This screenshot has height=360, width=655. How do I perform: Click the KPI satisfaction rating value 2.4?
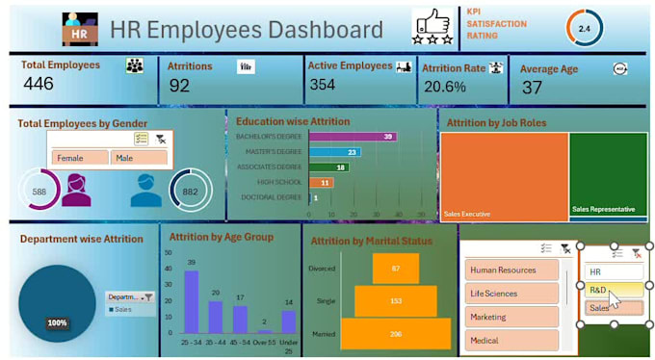click(x=584, y=29)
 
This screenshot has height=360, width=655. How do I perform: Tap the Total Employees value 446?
click(x=39, y=84)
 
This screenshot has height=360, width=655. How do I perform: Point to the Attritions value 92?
click(x=179, y=86)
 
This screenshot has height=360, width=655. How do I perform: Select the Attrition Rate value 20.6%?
click(x=444, y=87)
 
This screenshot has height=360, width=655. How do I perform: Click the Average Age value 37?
click(x=532, y=88)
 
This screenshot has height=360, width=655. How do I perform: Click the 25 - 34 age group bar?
click(x=191, y=301)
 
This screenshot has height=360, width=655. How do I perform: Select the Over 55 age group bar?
click(x=263, y=330)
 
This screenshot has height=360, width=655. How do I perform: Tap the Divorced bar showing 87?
click(x=396, y=268)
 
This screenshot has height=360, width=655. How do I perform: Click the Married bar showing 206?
click(x=396, y=333)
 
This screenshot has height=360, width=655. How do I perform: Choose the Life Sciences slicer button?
click(x=511, y=293)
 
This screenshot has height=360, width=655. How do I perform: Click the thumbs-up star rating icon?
click(x=432, y=28)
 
